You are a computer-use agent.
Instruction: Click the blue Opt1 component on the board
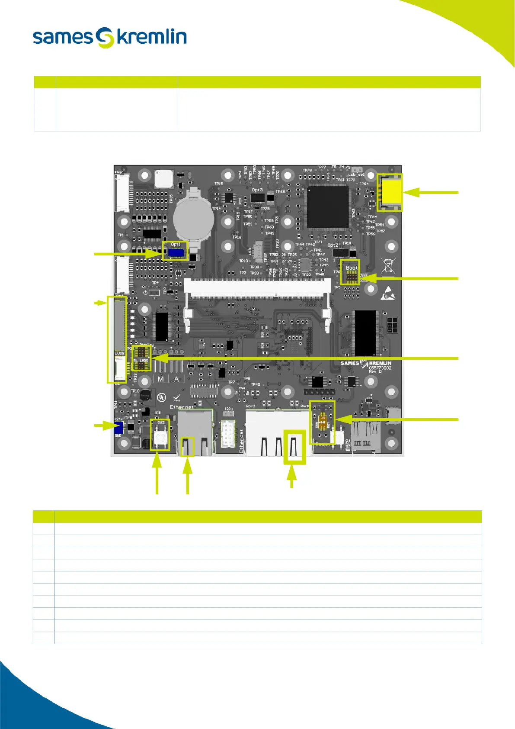click(x=176, y=253)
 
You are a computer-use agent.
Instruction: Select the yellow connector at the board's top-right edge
click(x=390, y=192)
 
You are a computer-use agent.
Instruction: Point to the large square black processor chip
click(x=327, y=207)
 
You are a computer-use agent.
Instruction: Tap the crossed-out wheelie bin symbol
click(x=388, y=265)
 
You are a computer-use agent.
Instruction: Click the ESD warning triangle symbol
click(x=387, y=294)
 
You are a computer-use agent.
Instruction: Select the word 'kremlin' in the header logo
click(x=152, y=37)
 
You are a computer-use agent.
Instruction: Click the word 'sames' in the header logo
click(x=63, y=37)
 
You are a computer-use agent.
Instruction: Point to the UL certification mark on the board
click(x=161, y=397)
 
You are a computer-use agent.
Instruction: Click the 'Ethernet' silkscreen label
click(x=182, y=407)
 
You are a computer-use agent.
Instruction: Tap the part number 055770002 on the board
click(x=380, y=368)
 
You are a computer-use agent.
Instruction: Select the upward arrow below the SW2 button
click(x=157, y=461)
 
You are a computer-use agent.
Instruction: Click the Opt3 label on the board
click(x=257, y=190)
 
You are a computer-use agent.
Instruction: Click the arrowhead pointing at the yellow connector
click(x=412, y=192)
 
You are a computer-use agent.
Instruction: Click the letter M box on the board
click(x=161, y=379)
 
